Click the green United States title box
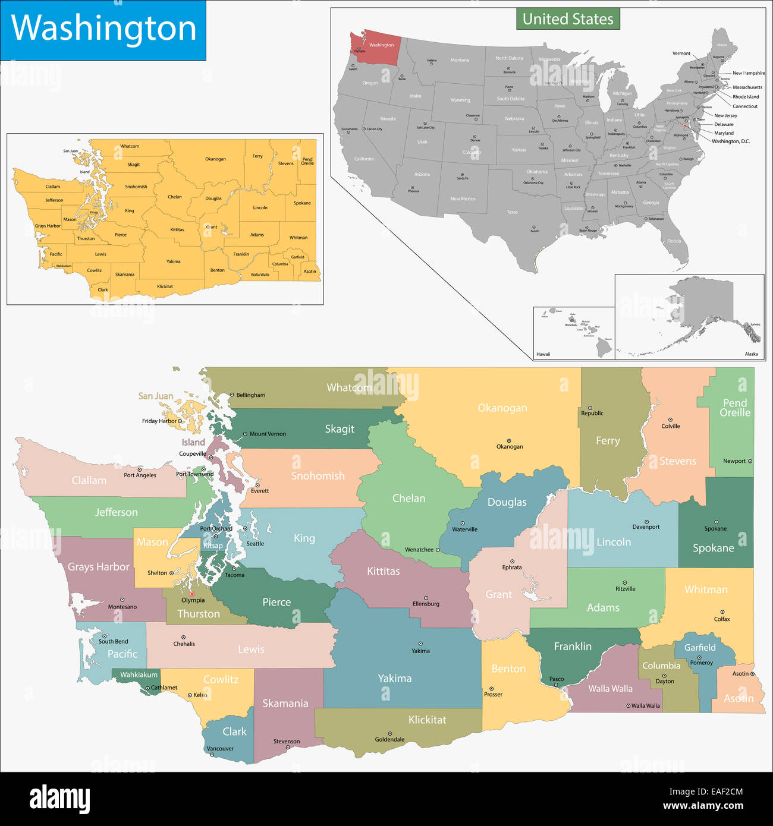568,19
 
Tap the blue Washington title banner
103,29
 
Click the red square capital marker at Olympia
191,594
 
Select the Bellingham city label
250,395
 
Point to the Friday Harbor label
159,421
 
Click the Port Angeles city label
140,475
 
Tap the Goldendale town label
389,740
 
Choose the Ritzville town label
625,589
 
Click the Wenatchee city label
419,550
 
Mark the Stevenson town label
287,742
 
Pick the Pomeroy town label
701,663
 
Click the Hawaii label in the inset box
543,354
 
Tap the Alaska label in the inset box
751,354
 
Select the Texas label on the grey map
512,212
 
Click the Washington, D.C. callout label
731,141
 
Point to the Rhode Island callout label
746,97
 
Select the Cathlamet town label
164,688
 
